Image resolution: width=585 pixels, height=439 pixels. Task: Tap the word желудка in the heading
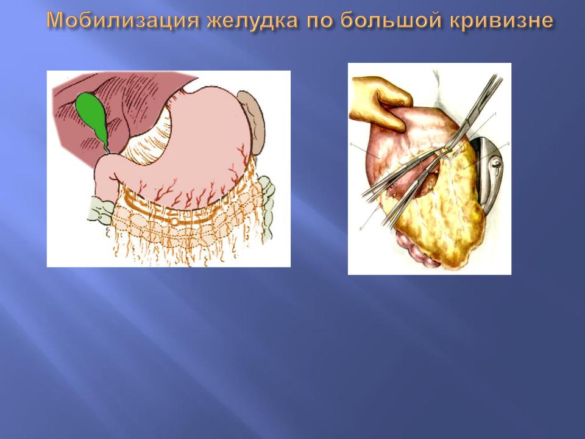[x=252, y=21]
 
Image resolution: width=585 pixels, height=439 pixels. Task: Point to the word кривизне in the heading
[x=502, y=20]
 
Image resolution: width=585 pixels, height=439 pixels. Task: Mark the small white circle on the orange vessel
[x=174, y=222]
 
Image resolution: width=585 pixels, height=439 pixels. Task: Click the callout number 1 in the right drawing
[x=495, y=113]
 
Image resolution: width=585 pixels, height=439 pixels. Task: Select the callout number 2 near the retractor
[x=508, y=144]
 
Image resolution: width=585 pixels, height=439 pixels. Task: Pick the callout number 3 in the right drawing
[x=360, y=229]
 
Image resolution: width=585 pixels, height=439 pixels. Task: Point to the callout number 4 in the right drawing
[x=351, y=144]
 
